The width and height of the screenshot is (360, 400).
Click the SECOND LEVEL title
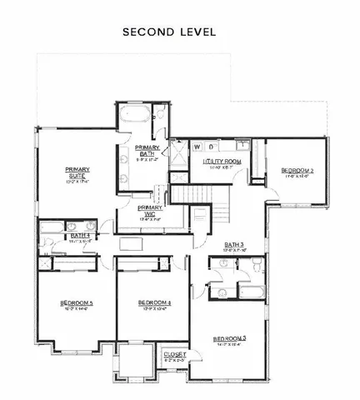pyautogui.click(x=169, y=32)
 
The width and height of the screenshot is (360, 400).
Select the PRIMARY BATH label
pyautogui.click(x=147, y=149)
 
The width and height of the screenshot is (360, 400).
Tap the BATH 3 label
pyautogui.click(x=234, y=245)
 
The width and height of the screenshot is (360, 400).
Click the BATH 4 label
pyautogui.click(x=80, y=236)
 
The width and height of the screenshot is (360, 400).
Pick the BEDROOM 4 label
pyautogui.click(x=154, y=302)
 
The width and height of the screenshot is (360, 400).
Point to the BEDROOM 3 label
pyautogui.click(x=230, y=338)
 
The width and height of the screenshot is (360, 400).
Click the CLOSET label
pyautogui.click(x=175, y=354)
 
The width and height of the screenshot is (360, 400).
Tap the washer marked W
pyautogui.click(x=197, y=147)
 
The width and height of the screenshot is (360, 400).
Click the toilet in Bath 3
pyautogui.click(x=258, y=265)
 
